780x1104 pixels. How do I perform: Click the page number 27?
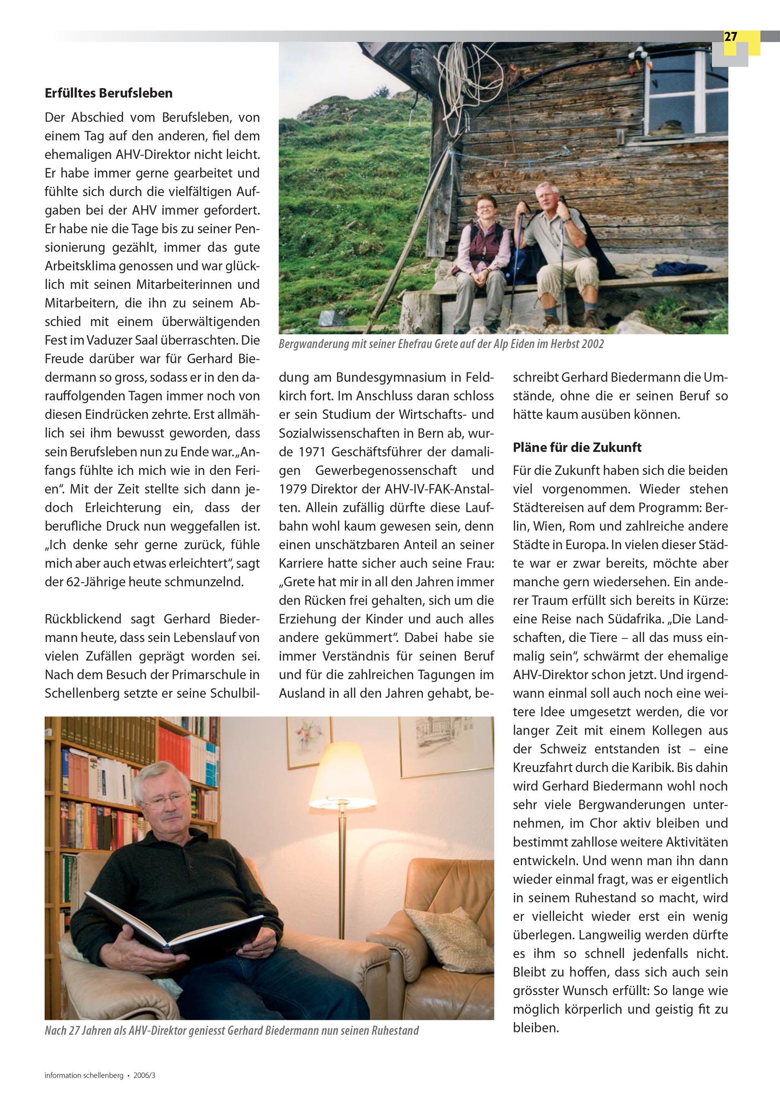730,37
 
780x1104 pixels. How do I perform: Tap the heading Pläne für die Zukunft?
576,447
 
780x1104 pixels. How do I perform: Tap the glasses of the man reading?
165,800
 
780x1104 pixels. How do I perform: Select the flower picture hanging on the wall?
309,743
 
